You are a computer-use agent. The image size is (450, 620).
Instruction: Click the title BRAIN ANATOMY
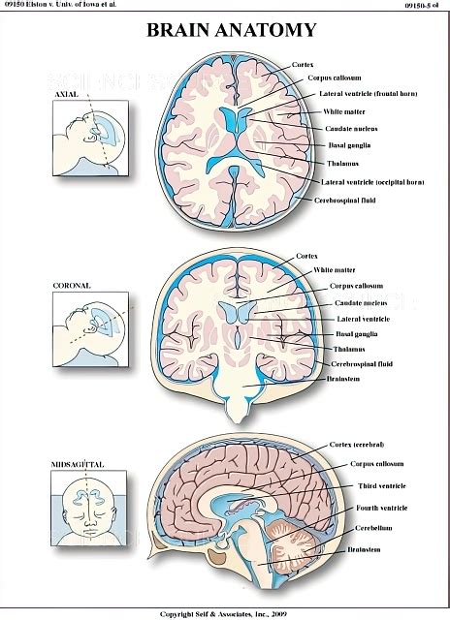(225, 31)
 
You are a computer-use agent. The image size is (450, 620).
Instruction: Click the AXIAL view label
(67, 96)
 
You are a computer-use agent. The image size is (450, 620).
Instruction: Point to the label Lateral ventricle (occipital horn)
(371, 181)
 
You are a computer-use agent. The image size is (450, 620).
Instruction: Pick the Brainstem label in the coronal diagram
(349, 393)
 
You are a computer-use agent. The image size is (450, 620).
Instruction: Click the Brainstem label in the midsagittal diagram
(365, 550)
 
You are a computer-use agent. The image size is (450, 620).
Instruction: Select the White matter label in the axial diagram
(344, 111)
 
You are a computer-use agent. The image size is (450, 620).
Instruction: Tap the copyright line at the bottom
(225, 613)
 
